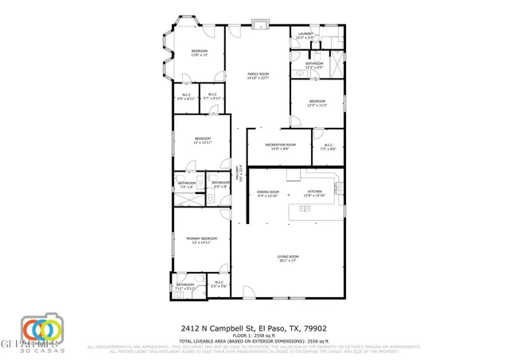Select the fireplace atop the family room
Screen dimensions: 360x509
pyautogui.click(x=258, y=24)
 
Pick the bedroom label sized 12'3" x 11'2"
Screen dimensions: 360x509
pyautogui.click(x=317, y=103)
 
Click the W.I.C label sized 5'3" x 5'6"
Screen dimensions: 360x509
pyautogui.click(x=219, y=284)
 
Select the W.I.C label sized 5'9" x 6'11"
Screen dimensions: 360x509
pyautogui.click(x=186, y=96)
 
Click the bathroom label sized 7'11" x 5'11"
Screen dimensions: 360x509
pyautogui.click(x=185, y=286)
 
